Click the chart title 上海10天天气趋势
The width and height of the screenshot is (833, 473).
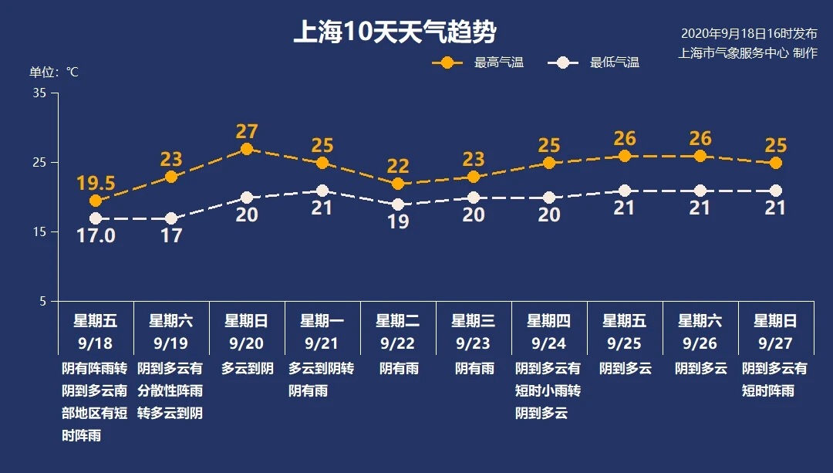tap(394, 33)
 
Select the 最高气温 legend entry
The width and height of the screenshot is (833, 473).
tap(477, 63)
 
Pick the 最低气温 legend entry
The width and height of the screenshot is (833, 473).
tap(593, 63)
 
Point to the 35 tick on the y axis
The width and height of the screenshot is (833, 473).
tap(39, 93)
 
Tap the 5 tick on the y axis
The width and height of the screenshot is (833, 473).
tap(42, 301)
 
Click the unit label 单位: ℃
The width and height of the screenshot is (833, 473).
tap(54, 72)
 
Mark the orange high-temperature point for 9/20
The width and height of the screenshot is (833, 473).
tap(247, 149)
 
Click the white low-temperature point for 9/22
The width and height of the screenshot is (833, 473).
tap(398, 204)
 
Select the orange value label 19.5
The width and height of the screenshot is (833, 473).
tap(96, 183)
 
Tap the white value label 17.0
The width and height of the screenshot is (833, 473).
tap(96, 235)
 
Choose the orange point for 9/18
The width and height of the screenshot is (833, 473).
tap(96, 201)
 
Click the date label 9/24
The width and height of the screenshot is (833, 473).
tap(548, 342)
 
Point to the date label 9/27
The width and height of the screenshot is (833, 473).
tap(775, 342)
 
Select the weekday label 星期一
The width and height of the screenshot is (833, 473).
tap(322, 320)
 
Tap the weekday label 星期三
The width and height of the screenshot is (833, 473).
tap(473, 320)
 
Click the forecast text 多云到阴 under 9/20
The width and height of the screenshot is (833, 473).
tap(247, 369)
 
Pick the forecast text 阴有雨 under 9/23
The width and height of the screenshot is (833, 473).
tap(474, 369)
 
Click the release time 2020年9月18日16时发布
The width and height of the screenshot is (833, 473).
tap(748, 34)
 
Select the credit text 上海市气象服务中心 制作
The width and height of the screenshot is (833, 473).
tap(747, 52)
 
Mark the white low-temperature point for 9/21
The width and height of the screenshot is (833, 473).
tap(322, 191)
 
